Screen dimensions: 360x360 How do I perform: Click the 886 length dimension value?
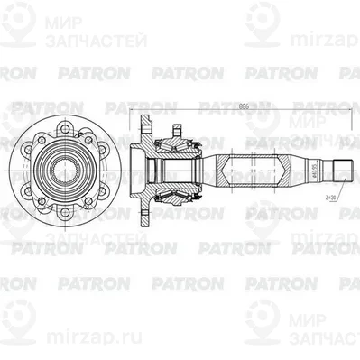(244, 105)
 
